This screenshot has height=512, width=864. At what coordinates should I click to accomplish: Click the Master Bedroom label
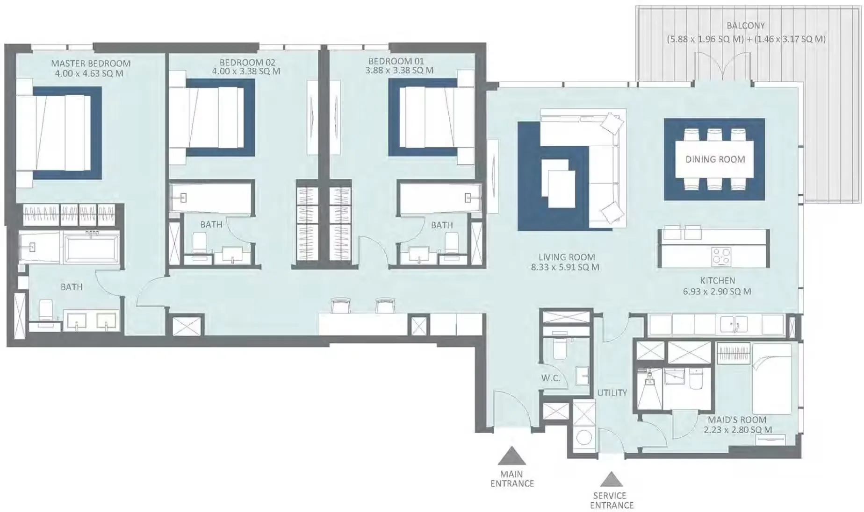(91, 63)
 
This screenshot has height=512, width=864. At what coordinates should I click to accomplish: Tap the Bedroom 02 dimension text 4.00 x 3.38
(246, 71)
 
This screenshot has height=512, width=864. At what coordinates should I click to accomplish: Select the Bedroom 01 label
(396, 61)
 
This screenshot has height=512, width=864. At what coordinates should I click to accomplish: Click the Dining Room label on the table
(715, 159)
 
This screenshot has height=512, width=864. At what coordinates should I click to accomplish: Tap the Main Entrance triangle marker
(512, 456)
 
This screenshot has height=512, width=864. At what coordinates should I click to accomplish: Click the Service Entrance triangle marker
(612, 479)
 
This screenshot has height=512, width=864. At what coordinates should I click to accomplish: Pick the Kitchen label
(718, 281)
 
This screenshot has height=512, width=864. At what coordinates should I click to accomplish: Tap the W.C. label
(551, 378)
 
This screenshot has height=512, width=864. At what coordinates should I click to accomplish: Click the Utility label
(612, 393)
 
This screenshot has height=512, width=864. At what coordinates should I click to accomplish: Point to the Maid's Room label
(737, 420)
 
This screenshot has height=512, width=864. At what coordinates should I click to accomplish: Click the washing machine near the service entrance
(583, 438)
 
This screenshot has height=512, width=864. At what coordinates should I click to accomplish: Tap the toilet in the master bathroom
(45, 310)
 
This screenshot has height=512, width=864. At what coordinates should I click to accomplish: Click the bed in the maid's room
(771, 379)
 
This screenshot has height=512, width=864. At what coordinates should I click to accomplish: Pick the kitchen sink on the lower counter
(734, 324)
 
